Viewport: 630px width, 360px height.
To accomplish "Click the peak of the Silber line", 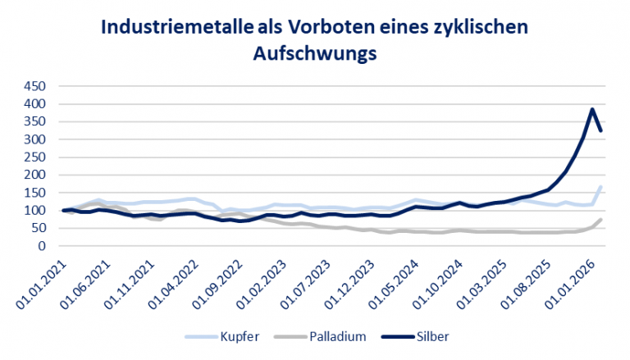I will pos(592,109).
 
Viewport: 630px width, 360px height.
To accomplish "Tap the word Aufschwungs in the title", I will pos(314,53).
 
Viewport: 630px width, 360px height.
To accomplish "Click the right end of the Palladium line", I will pos(602,220).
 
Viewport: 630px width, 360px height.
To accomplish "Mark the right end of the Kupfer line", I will pos(602,187).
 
